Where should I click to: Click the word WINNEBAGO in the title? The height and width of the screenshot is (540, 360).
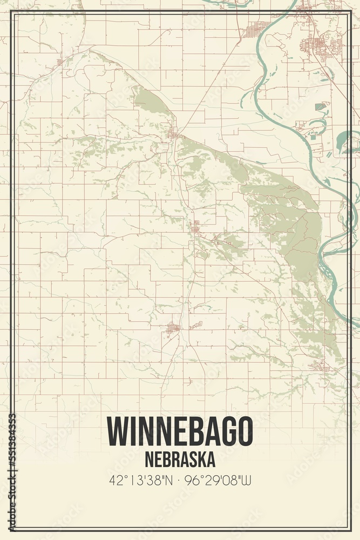(180, 431)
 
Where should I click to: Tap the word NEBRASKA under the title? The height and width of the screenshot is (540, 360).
(180, 460)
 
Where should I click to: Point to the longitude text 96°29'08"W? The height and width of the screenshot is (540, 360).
(220, 479)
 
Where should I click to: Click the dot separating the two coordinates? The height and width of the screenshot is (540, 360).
(180, 480)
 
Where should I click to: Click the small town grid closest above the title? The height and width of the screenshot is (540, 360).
(173, 327)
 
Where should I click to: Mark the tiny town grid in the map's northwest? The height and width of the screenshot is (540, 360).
(59, 63)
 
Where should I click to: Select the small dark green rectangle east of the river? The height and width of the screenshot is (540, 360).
(320, 106)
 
